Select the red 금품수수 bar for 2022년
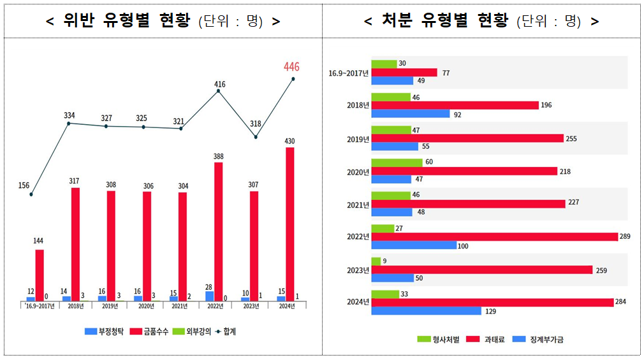[219, 231]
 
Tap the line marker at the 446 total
[293, 79]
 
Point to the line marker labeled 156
[31, 194]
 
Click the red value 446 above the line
[291, 67]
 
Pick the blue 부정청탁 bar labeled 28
[210, 296]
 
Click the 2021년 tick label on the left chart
[179, 306]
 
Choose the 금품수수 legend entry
[150, 331]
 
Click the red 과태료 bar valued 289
[494, 237]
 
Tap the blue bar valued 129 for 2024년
[426, 311]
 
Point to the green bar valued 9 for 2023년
[376, 261]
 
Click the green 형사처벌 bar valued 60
[397, 162]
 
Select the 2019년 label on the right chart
[358, 139]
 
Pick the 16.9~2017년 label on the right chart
[349, 73]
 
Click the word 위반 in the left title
[78, 21]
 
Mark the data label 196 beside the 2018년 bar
[546, 105]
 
